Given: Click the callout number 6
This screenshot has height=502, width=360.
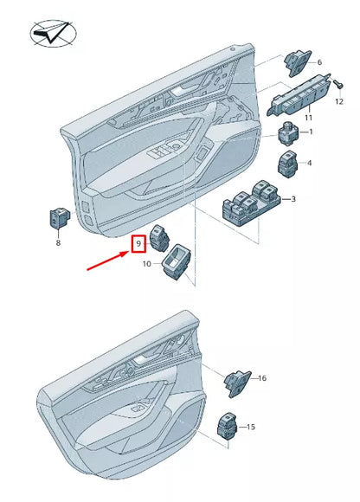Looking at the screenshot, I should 318,63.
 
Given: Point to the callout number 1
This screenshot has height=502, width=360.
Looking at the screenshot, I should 312,132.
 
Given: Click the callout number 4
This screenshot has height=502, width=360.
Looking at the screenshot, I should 309,163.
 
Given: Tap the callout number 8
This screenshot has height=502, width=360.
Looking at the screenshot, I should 59,245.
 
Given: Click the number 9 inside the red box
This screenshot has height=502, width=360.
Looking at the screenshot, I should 137,245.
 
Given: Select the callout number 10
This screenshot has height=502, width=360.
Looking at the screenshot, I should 146,263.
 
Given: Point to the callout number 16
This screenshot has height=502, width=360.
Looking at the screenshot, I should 262,379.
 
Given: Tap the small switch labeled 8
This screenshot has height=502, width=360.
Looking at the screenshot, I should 58,219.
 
